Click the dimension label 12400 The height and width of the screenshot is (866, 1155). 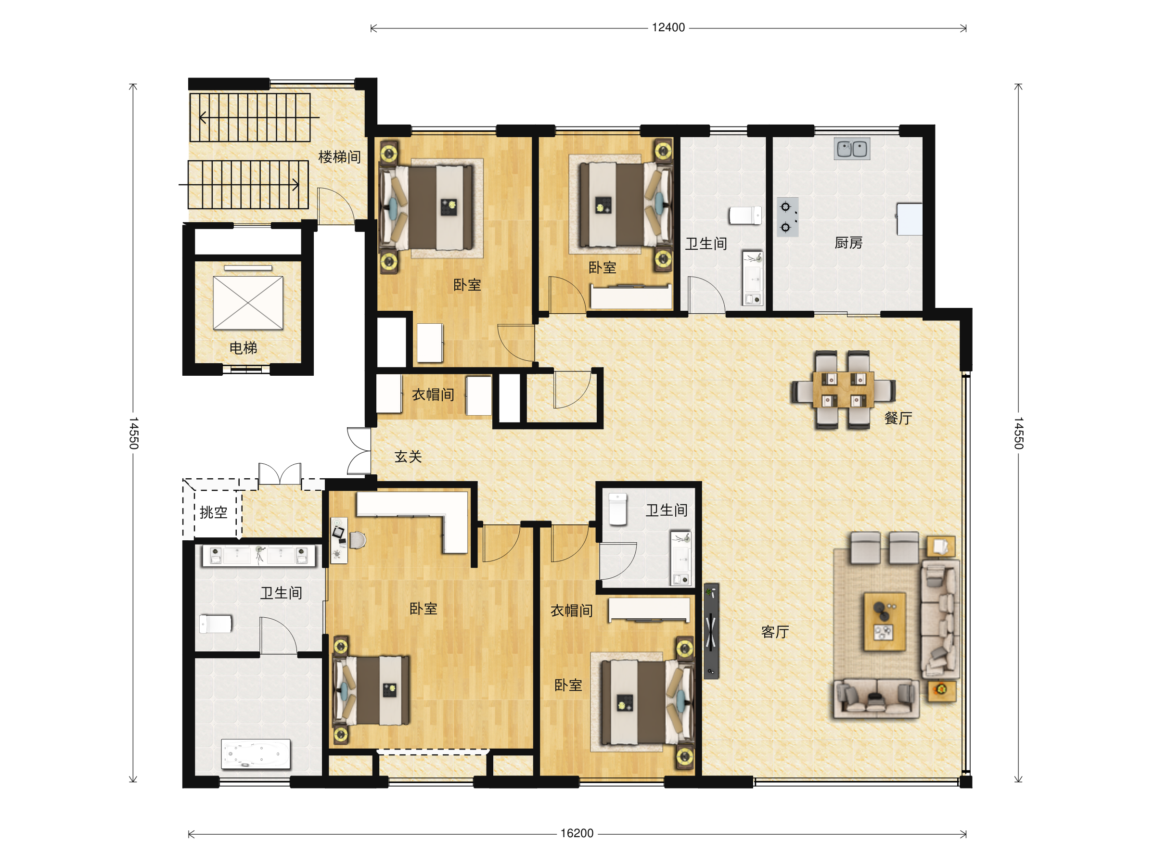668,28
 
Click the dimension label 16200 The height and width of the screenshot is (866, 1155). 577,834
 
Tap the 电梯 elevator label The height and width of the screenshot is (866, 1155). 244,348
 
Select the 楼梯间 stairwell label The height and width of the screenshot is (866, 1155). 339,157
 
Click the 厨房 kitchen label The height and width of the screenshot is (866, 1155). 848,243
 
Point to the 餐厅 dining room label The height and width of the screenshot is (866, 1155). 898,418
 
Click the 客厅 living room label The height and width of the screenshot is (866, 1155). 775,632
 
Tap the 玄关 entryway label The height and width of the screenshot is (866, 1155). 408,457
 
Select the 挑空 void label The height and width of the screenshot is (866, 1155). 214,512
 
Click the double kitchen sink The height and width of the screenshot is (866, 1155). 852,149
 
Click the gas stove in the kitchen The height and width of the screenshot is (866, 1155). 787,217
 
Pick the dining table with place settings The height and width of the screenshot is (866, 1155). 843,390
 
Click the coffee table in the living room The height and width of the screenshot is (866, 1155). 885,622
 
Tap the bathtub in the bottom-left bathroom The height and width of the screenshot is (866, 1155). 256,754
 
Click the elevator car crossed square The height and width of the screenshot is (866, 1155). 248,303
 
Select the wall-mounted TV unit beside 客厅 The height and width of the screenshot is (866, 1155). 711,631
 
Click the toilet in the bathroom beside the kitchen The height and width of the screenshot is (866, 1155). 745,215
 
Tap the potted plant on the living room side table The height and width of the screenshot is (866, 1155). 941,689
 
